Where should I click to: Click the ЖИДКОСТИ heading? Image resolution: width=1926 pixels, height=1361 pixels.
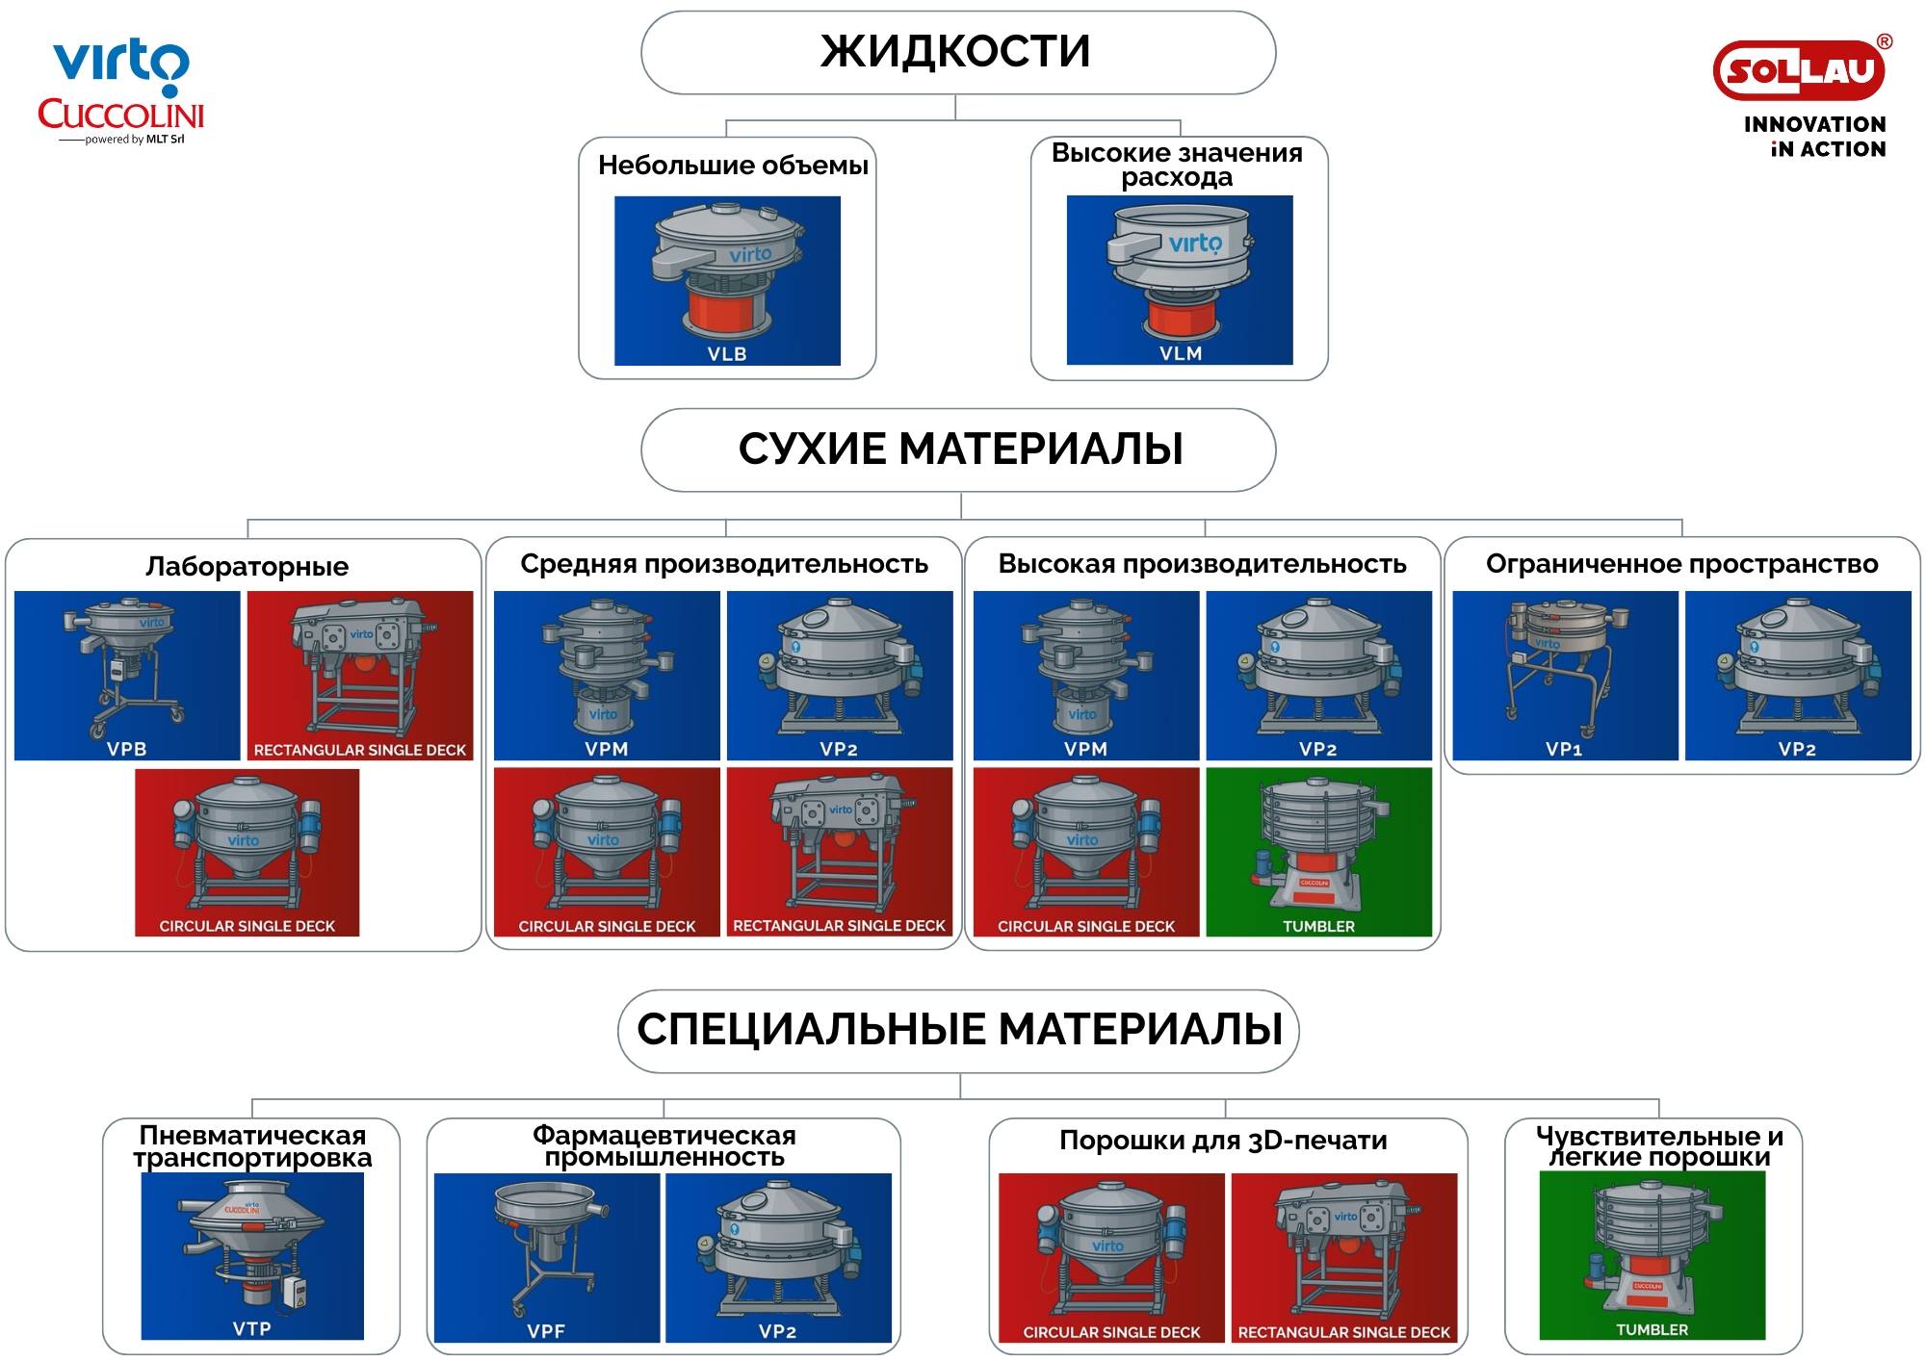955,51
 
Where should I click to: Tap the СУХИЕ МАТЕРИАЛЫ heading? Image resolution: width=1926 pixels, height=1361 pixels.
960,449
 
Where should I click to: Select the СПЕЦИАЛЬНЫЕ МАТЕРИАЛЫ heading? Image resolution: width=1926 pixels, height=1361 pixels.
959,1029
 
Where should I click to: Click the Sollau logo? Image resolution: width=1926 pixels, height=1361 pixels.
1799,69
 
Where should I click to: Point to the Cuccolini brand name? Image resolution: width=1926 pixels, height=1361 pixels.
120,115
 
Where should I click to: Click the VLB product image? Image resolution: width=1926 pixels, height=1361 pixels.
727,281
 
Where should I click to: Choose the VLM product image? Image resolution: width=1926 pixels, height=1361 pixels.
1180,280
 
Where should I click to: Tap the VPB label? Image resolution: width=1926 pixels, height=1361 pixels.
126,749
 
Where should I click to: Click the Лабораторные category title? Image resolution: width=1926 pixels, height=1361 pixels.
247,566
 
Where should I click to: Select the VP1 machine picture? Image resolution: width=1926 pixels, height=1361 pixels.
1565,676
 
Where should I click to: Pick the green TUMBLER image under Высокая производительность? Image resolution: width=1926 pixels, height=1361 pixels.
1318,852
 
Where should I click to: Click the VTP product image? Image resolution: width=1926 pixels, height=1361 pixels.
252,1256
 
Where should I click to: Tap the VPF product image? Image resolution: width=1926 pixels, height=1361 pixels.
547,1258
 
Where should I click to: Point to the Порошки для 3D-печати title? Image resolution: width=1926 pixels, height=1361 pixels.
1223,1141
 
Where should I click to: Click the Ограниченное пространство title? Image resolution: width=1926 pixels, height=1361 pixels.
1681,564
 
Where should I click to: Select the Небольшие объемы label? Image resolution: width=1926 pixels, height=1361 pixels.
733,166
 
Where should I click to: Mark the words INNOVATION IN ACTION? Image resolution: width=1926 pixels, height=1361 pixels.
1815,137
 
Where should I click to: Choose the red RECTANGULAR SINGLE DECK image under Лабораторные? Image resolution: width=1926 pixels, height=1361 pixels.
360,676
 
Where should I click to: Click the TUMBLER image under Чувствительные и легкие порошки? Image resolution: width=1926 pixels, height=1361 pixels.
1653,1255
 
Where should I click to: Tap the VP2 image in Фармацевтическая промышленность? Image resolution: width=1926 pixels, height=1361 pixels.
778,1258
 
